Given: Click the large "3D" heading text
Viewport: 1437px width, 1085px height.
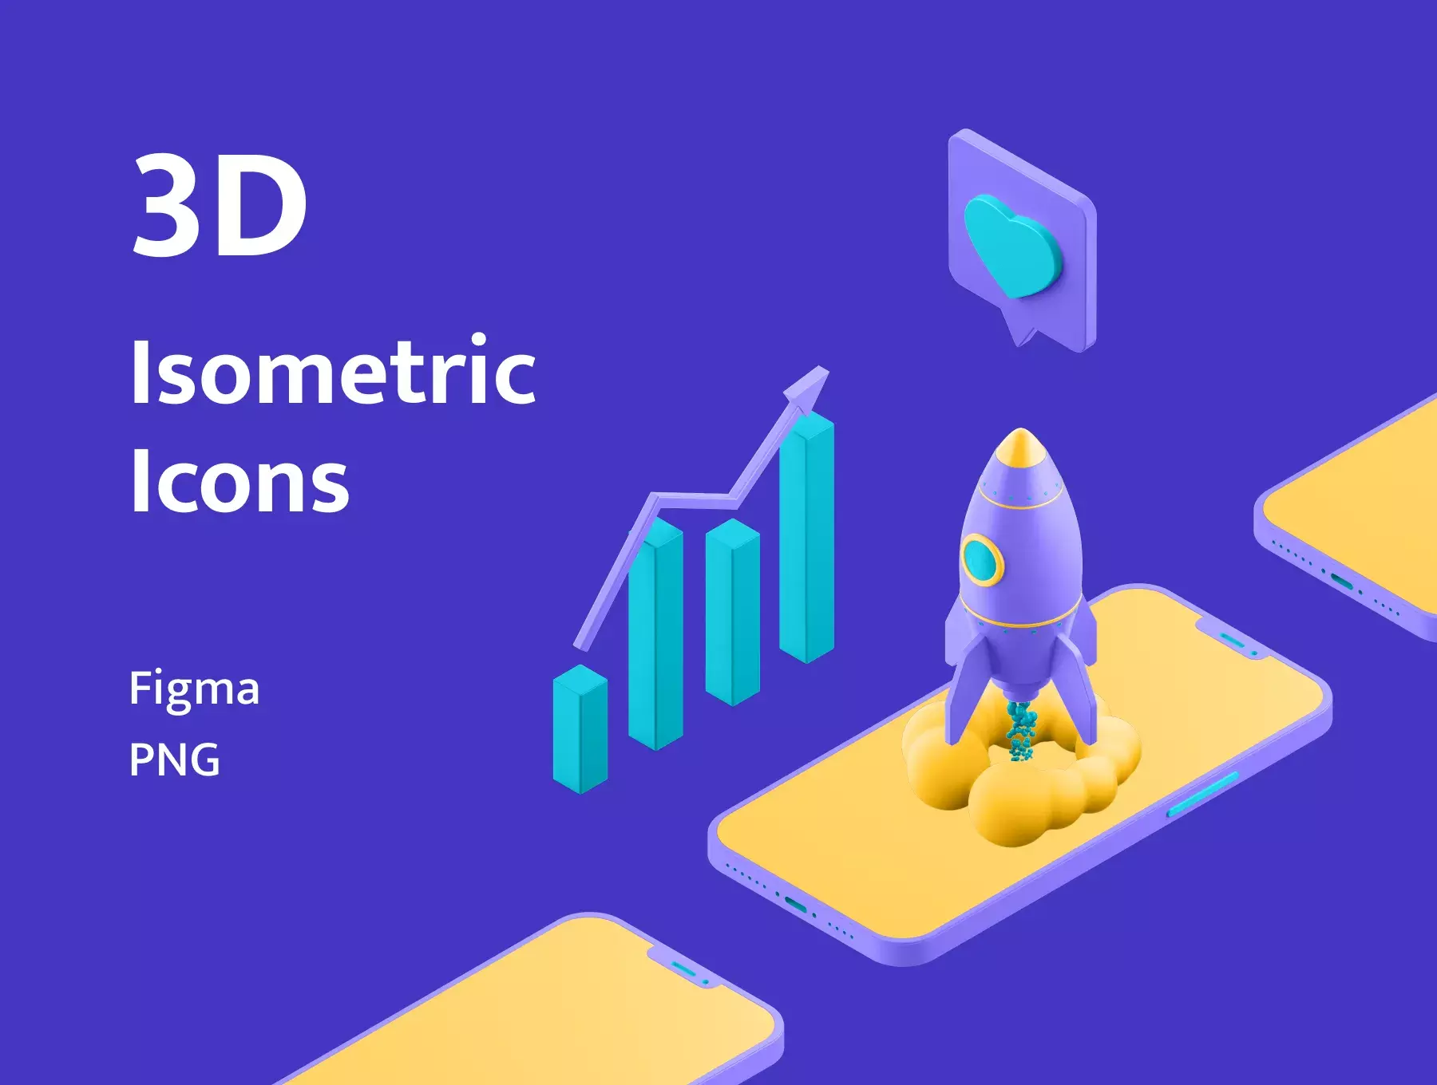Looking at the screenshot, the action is tap(220, 205).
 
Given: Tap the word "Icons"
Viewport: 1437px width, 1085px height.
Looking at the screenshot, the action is tap(239, 480).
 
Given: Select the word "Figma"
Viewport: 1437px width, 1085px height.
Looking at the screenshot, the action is tap(194, 688).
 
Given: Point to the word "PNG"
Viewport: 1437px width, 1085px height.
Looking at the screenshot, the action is tap(174, 759).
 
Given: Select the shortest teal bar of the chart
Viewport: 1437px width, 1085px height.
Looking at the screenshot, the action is tap(580, 728).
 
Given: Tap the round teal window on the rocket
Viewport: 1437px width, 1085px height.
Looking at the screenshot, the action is tap(981, 560).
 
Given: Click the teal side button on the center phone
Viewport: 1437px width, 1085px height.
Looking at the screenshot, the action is tap(1202, 795).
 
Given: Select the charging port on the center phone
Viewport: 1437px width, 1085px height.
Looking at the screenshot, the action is tap(795, 904).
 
